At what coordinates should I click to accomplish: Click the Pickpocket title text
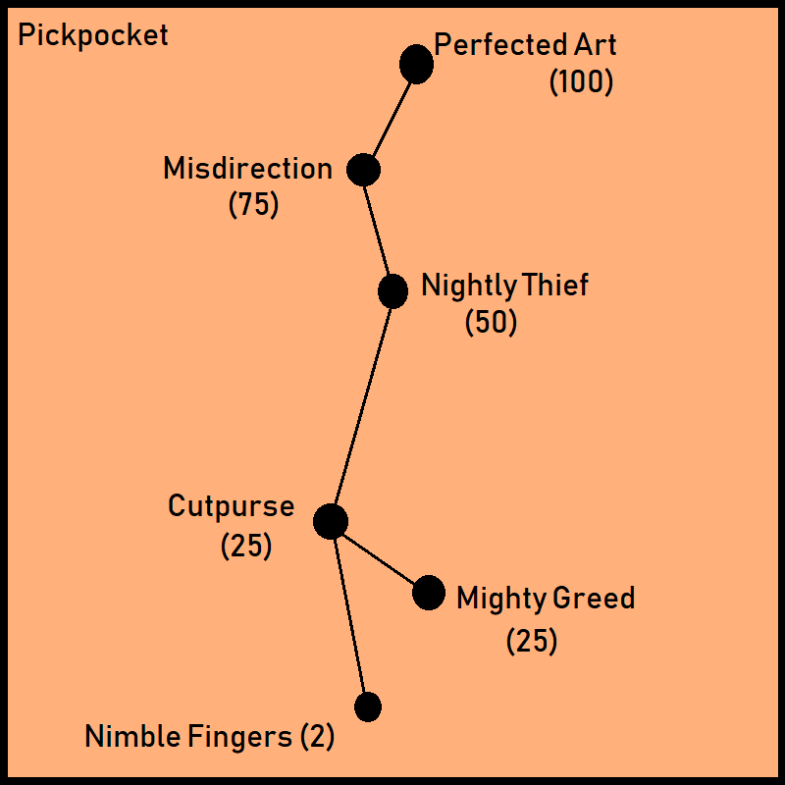[93, 36]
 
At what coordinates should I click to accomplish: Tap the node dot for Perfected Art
[416, 65]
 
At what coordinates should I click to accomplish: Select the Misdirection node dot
[363, 170]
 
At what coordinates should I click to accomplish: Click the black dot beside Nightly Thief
[392, 290]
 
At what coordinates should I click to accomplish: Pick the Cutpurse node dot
[331, 521]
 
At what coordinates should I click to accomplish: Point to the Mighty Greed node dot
[428, 593]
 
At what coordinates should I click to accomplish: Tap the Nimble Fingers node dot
[368, 706]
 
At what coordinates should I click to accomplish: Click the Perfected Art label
[526, 45]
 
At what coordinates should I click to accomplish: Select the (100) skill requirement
[581, 82]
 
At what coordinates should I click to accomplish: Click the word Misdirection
[248, 169]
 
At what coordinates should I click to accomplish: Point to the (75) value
[253, 206]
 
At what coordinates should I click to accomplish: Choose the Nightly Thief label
[504, 286]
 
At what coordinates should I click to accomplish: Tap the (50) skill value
[491, 323]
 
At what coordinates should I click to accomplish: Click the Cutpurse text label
[231, 507]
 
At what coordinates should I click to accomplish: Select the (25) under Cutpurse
[246, 546]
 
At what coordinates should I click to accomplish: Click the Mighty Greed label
[546, 598]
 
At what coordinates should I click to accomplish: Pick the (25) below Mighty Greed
[532, 642]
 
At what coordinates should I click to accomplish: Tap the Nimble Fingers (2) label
[210, 737]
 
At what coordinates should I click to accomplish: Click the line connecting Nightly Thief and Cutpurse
[362, 404]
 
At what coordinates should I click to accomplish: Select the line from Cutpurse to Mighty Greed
[379, 556]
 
